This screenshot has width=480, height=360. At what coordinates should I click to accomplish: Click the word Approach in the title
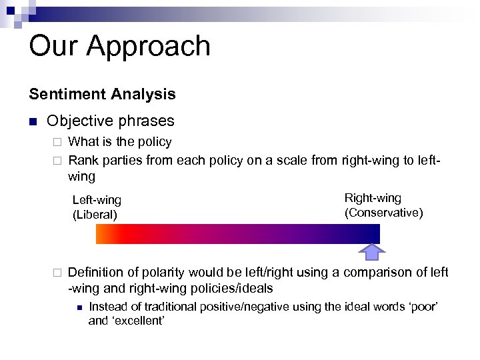[149, 47]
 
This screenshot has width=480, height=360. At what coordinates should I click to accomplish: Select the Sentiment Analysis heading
[102, 94]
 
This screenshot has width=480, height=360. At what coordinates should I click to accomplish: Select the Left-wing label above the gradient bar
[97, 200]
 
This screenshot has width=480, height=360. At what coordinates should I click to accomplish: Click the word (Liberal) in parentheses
[95, 215]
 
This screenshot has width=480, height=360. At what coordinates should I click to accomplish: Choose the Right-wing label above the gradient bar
[373, 198]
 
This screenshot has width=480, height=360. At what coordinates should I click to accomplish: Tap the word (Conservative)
[383, 213]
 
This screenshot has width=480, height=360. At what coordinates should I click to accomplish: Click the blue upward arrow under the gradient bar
[372, 251]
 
